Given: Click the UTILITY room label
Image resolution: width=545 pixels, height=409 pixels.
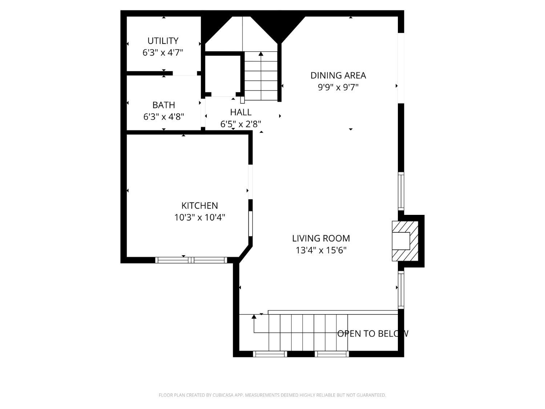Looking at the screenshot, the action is click(163, 41).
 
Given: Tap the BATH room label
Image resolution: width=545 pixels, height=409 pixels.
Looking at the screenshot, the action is click(163, 105).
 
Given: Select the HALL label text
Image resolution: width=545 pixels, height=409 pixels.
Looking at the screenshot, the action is click(241, 112).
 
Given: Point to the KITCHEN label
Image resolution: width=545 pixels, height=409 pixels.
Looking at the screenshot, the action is click(199, 206).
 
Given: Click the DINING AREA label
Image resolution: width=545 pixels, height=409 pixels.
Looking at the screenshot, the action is click(338, 76).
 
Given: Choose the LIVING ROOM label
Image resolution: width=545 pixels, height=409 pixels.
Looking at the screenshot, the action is click(321, 238).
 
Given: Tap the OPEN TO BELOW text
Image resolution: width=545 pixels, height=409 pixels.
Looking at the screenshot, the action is click(373, 334).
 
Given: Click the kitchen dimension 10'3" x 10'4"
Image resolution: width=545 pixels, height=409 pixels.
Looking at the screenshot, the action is click(199, 217).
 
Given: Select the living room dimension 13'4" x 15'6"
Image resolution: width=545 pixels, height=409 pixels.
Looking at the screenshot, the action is click(321, 250).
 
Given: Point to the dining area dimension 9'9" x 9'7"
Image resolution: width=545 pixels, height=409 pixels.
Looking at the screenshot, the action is click(338, 87).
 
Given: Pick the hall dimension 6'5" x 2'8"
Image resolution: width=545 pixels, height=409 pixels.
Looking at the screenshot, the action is click(241, 124).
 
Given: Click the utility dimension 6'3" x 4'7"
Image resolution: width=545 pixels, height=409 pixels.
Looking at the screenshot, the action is click(163, 53).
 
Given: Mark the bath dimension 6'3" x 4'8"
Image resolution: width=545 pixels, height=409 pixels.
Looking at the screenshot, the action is click(163, 117).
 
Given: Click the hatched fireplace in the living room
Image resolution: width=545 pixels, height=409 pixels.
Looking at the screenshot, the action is click(405, 241).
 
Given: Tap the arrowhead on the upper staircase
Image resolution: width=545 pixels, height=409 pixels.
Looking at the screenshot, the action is click(261, 54).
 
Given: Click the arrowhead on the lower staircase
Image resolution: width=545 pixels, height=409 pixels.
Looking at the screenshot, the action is click(254, 317).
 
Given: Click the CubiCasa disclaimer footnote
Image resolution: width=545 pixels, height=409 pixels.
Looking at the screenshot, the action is click(272, 395).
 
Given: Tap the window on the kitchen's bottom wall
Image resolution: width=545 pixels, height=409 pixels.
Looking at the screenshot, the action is click(191, 260).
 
